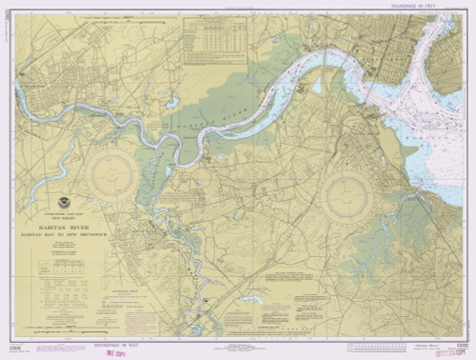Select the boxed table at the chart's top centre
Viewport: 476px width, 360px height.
214,44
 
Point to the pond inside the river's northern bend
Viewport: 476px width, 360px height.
317,86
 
